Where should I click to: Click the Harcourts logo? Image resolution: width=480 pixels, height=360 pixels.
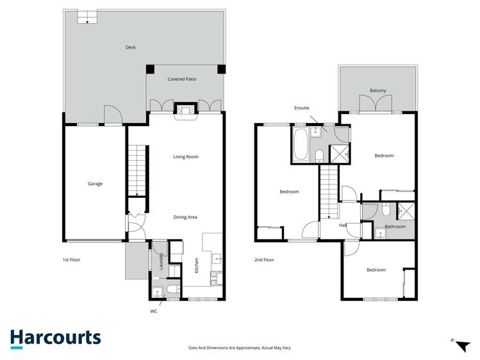55,338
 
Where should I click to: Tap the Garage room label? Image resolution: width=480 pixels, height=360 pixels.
95,184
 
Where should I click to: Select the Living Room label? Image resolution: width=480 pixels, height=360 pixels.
186,157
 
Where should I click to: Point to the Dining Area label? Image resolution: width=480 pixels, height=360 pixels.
185,217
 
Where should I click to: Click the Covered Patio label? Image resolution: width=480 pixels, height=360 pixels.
182,79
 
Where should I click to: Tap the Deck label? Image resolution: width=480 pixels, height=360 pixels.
131,47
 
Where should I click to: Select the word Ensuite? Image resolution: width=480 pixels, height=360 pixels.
302,108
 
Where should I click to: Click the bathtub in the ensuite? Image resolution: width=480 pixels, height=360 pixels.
301,145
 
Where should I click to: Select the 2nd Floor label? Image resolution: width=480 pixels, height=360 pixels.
264,260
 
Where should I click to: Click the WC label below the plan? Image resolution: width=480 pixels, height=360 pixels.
154,311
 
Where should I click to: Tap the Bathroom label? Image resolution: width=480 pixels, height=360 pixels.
395,226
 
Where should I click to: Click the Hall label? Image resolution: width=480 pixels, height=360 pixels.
343,225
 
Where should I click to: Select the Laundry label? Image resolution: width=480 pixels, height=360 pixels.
161,261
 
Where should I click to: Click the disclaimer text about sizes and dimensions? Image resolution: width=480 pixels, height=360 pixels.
240,348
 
